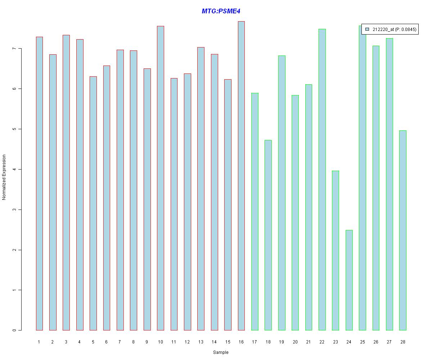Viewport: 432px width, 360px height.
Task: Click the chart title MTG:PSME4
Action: (x=221, y=11)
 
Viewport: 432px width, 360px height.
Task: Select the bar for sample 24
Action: (x=349, y=280)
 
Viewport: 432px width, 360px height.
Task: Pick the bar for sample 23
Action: (x=336, y=251)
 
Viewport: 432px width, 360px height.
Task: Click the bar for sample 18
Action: (x=268, y=235)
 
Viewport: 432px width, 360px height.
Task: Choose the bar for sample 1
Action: (x=39, y=184)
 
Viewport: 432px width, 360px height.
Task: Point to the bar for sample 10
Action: (x=161, y=178)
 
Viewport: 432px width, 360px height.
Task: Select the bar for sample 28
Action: (x=403, y=230)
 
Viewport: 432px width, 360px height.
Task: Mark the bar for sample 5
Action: (x=93, y=203)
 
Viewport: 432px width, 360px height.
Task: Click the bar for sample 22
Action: (x=322, y=180)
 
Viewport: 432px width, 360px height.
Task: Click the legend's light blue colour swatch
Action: (x=367, y=30)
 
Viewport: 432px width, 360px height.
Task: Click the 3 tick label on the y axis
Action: (x=14, y=210)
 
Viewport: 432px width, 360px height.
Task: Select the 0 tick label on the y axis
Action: (x=14, y=330)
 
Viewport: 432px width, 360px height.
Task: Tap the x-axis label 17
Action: (x=255, y=342)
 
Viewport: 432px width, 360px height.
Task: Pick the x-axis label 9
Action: (x=147, y=342)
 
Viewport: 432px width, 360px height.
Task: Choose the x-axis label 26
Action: (x=376, y=342)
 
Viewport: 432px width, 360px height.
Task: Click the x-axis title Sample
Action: (x=220, y=352)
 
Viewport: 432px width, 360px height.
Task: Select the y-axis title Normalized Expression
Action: (x=4, y=177)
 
